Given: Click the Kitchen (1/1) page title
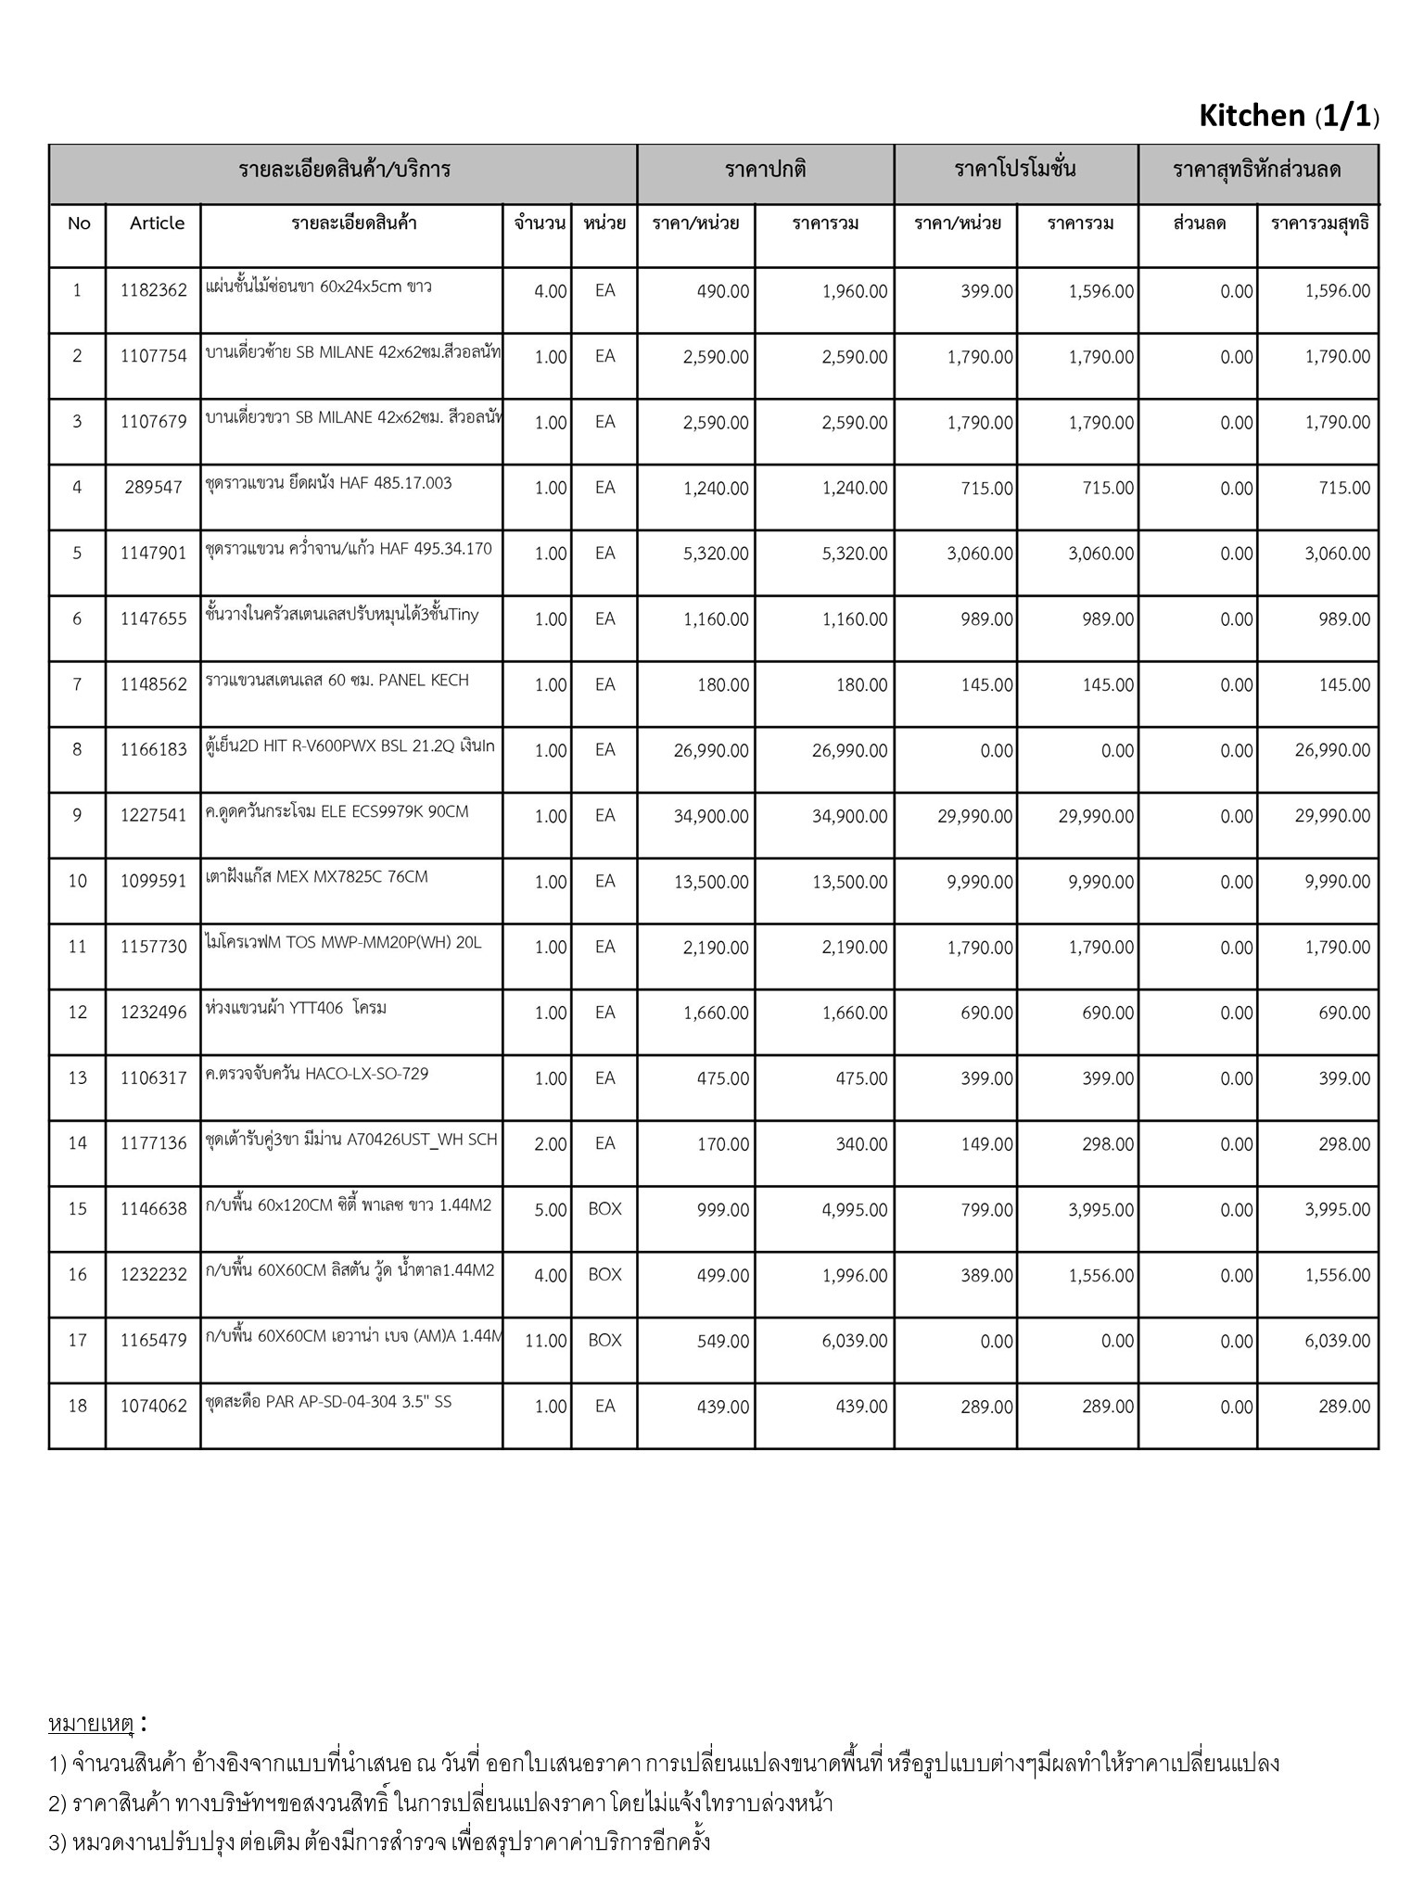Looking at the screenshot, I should (x=1288, y=116).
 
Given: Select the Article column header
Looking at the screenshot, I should (x=157, y=223).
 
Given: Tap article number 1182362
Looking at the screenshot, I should (x=154, y=291).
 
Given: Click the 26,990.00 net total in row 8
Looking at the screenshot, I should (x=1332, y=750).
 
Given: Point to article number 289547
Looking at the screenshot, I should (x=154, y=488).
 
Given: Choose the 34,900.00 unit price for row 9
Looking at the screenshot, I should (x=711, y=816).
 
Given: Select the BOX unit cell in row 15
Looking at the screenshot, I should (x=604, y=1209).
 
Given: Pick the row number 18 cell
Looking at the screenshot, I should (x=78, y=1406).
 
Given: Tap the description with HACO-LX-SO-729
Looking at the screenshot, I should (x=317, y=1074).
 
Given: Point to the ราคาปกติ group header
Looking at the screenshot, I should (x=766, y=170).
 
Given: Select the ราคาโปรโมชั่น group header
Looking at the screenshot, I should (x=1015, y=170).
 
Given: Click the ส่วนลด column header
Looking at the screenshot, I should (x=1200, y=223).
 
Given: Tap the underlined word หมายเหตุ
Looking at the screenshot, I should (x=92, y=1725).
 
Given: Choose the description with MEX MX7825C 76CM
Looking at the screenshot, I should (x=317, y=877).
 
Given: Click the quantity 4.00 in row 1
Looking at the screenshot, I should (x=551, y=291).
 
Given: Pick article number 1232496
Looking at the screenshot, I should (x=154, y=1013).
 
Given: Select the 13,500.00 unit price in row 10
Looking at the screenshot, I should (x=711, y=882).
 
